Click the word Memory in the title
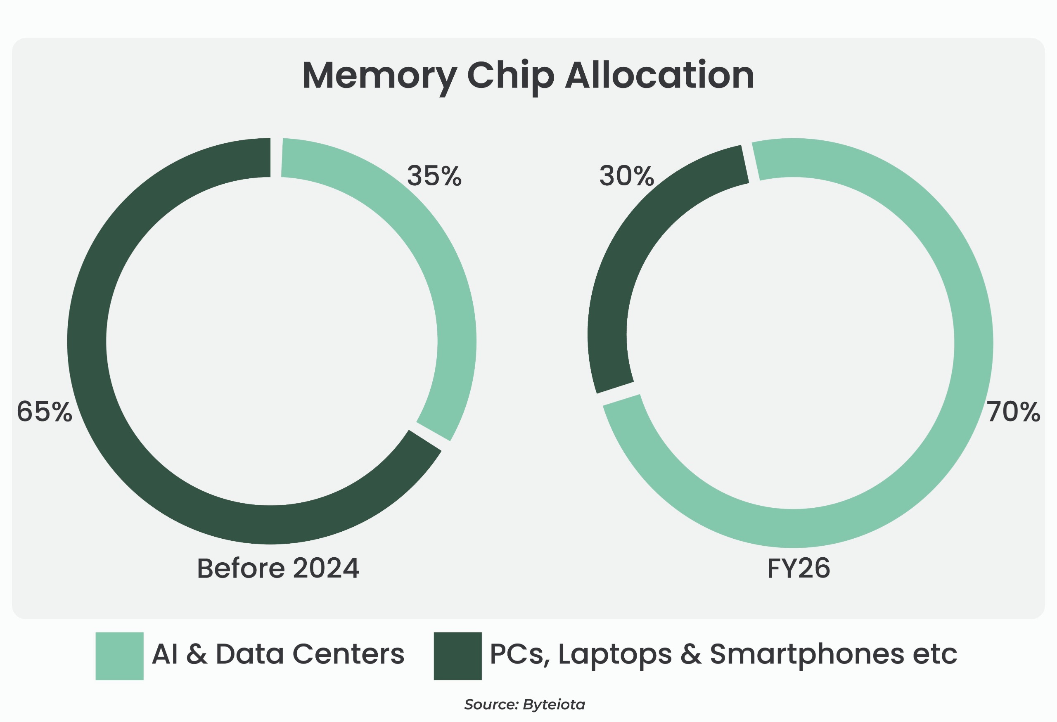379,76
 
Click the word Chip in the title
510,76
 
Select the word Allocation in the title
659,76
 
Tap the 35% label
434,176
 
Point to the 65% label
44,412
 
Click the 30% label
626,176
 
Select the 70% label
1013,412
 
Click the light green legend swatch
119,656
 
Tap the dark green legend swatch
457,656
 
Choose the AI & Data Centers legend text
278,654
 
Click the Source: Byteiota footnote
524,704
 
